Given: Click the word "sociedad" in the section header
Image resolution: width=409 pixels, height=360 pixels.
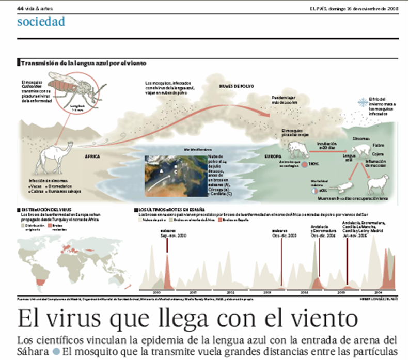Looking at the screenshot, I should pos(41,22).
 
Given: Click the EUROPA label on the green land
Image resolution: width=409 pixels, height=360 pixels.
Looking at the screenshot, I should pos(272,155).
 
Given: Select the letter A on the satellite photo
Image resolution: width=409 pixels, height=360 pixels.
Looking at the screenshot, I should pos(162,170).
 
